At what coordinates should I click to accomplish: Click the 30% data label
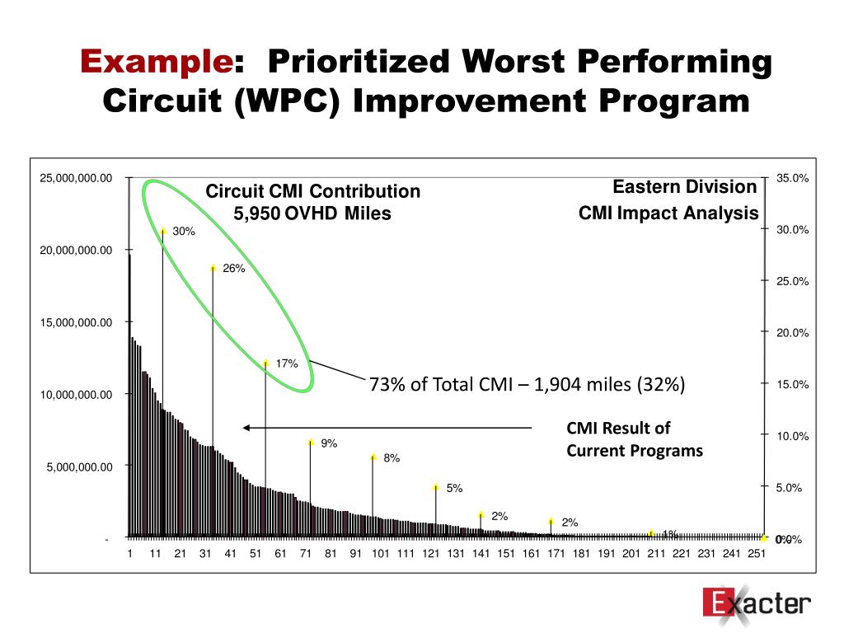coord(184,232)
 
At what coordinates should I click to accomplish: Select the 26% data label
coord(234,268)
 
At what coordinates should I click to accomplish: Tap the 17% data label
coord(287,363)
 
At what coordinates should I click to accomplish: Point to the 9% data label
coord(330,443)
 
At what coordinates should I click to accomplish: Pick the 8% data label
coord(392,458)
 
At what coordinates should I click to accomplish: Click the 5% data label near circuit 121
coord(455,488)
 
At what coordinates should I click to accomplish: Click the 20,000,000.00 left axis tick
coord(76,250)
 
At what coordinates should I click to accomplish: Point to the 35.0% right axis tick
coord(792,178)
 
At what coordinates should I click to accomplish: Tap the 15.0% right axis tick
coord(792,385)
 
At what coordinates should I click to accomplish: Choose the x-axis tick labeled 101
coord(381,554)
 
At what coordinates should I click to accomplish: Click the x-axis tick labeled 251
coord(756,554)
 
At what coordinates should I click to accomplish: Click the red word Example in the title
coord(156,62)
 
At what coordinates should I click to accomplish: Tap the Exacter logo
coord(757,603)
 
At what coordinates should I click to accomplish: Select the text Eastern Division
coord(684,187)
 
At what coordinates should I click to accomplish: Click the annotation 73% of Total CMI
coord(527,385)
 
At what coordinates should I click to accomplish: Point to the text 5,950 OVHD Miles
coord(313,214)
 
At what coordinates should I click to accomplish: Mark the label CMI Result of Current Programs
coord(634,439)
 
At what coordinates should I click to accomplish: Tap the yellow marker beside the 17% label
coord(265,363)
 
